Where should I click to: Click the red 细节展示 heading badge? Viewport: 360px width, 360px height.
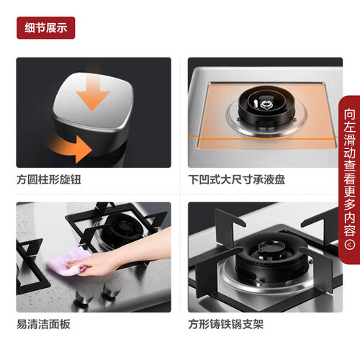tap(45, 27)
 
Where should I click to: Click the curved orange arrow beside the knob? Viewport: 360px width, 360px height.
tap(70, 146)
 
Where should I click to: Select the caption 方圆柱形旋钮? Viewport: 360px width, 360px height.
tap(49, 179)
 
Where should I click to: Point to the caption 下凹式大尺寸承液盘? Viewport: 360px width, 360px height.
tap(237, 179)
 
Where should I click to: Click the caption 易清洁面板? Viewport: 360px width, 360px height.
tap(43, 324)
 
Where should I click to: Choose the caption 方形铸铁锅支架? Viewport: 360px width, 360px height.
tap(226, 324)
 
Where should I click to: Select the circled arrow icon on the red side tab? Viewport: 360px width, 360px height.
tap(349, 245)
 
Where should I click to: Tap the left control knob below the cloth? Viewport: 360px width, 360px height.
tap(84, 296)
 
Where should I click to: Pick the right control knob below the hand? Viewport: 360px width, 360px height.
tap(111, 290)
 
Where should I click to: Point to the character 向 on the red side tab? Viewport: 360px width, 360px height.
tap(349, 114)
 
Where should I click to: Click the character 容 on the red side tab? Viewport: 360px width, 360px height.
tap(349, 230)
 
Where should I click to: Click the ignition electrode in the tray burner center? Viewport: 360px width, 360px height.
tap(266, 104)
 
